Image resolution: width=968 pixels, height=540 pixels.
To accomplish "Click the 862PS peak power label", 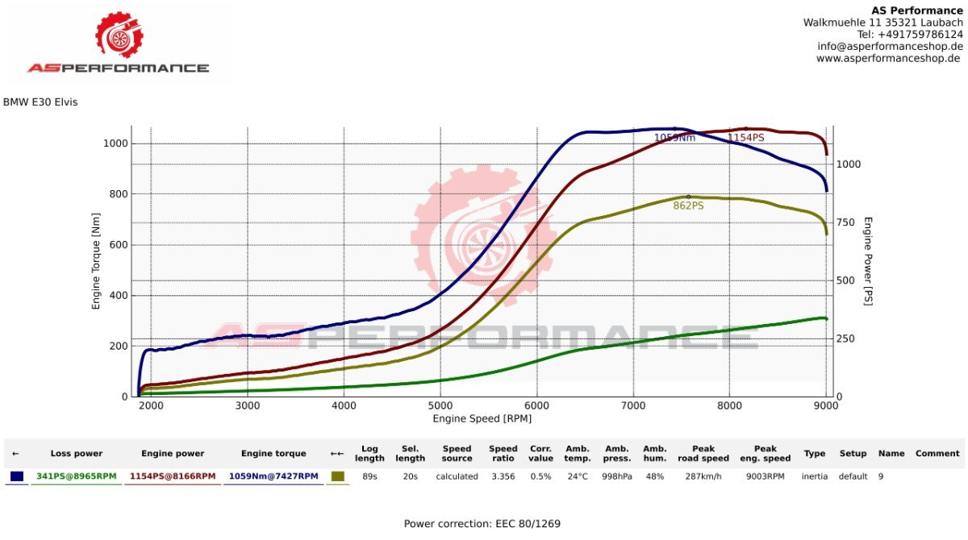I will (x=688, y=206).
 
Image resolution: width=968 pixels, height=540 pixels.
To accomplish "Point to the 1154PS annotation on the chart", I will (x=745, y=138).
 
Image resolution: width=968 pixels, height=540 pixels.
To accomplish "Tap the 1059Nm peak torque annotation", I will (x=674, y=138).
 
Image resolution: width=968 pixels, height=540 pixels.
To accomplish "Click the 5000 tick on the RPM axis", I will (x=440, y=405).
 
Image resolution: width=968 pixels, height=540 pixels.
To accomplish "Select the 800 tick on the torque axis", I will (x=118, y=194).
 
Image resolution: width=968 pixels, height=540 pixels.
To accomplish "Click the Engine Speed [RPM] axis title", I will (x=482, y=418).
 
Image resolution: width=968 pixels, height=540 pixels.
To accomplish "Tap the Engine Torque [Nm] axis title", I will (x=96, y=268).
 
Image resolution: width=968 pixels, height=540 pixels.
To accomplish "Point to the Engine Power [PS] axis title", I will (x=869, y=260).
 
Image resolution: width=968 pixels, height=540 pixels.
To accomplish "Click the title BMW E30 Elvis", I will (x=40, y=102).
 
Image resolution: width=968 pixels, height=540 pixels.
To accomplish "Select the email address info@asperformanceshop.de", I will (x=890, y=46).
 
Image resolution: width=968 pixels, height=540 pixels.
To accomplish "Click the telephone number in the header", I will (x=910, y=35).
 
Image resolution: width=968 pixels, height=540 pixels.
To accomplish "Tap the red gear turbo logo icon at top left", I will (x=119, y=35).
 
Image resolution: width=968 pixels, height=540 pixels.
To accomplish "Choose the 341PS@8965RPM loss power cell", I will (x=77, y=476).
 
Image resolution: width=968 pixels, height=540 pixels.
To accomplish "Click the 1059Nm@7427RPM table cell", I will (x=273, y=476).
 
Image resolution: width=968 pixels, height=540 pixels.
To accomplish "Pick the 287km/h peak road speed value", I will (x=703, y=476).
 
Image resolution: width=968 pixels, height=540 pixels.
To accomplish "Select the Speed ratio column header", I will (x=503, y=454).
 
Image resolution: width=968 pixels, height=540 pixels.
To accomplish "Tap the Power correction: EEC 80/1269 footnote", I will (x=482, y=524).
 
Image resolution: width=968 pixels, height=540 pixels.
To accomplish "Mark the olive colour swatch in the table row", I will (x=337, y=476).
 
